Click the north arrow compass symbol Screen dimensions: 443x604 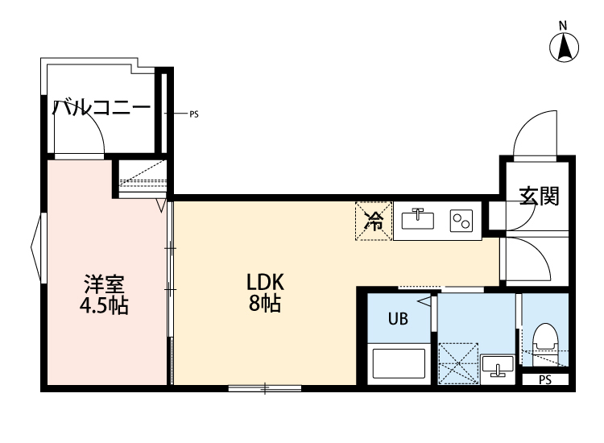pos(565,47)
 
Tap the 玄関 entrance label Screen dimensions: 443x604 pos(539,196)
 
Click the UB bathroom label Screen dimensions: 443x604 pos(398,319)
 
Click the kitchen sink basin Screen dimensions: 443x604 pos(419,218)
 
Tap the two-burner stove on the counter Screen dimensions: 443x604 pos(461,220)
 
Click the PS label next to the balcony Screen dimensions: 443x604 pos(193,114)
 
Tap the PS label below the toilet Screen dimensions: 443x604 pos(544,379)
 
